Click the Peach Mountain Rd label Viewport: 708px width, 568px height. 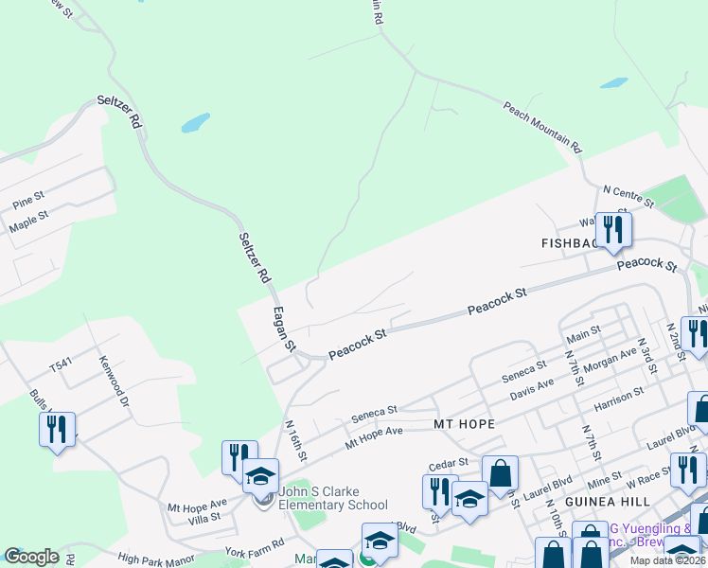pos(542,128)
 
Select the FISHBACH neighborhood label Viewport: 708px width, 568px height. pos(568,243)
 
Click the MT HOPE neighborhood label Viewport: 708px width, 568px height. pos(464,424)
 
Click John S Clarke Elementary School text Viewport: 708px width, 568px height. pos(333,498)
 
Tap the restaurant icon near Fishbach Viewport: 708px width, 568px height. pos(613,229)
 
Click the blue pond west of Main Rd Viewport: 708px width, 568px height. pos(195,123)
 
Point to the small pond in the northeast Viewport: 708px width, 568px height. pos(613,83)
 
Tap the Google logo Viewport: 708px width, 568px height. pos(31,557)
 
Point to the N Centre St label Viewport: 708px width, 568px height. pos(628,197)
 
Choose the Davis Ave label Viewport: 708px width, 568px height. pos(532,388)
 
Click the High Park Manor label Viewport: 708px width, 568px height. pos(156,559)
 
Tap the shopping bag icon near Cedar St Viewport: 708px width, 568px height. pos(500,471)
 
